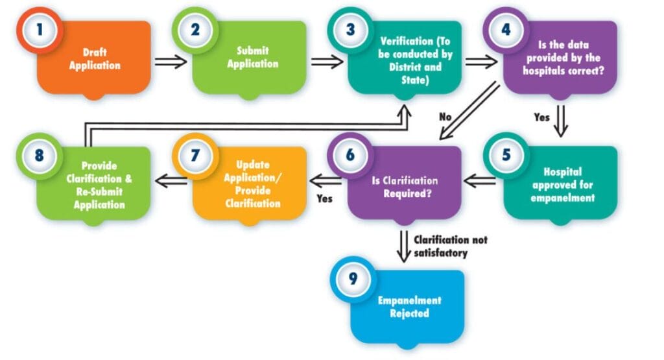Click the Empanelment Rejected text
(x=409, y=307)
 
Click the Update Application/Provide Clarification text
(x=254, y=184)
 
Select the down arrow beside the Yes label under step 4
(x=560, y=119)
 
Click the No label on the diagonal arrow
(x=445, y=117)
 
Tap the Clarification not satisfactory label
(x=450, y=246)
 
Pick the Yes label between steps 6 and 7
(x=324, y=198)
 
